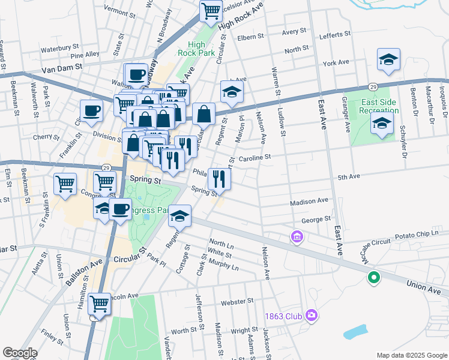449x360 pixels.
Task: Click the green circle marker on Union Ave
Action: tap(373, 277)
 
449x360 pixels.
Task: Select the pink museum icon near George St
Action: tap(297, 238)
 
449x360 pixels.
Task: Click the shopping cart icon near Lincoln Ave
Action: tap(100, 303)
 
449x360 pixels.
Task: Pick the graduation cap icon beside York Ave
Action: tap(388, 60)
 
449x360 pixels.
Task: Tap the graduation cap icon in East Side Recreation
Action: tap(381, 124)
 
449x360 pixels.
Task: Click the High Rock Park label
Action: tap(196, 49)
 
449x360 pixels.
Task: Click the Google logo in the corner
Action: tap(20, 352)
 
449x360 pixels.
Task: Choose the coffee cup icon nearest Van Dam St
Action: tap(136, 74)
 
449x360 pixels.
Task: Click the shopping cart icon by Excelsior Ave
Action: tap(211, 10)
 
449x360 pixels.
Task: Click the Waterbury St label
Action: tap(60, 46)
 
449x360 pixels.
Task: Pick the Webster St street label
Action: tap(235, 303)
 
